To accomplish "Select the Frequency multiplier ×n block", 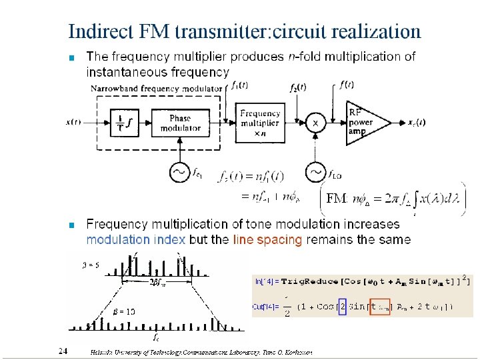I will pyautogui.click(x=260, y=123).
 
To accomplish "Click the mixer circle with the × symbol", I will pyautogui.click(x=315, y=123).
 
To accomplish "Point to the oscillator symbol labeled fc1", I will pyautogui.click(x=180, y=172).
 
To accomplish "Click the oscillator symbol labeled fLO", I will pyautogui.click(x=315, y=172).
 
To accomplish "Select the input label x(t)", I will pyautogui.click(x=74, y=122).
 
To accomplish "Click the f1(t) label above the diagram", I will pyautogui.click(x=239, y=85).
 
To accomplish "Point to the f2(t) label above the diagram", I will pyautogui.click(x=297, y=87).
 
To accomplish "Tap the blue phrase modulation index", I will pyautogui.click(x=136, y=239).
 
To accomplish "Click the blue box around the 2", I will pyautogui.click(x=343, y=307).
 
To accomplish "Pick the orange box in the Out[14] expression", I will pyautogui.click(x=379, y=307).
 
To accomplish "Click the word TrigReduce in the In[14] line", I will pyautogui.click(x=314, y=281).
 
